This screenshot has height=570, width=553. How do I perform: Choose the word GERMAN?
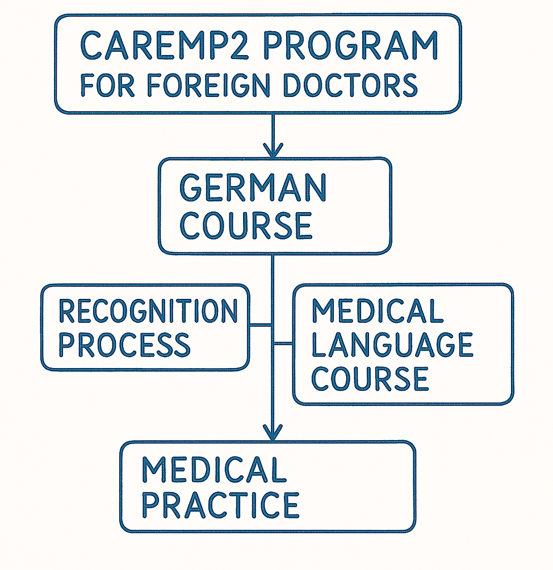coord(253,189)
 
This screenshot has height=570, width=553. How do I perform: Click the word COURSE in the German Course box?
coord(246,225)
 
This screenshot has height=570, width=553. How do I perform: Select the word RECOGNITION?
coord(148,311)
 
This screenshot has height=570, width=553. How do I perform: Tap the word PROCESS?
coord(124,344)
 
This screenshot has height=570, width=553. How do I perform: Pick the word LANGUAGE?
coord(392,344)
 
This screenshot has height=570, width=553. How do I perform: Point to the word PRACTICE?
coord(220,504)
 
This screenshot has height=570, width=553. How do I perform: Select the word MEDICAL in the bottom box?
coord(213,470)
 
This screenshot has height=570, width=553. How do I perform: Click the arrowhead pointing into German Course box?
coord(273,151)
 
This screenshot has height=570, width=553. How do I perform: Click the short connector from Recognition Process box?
coord(261,325)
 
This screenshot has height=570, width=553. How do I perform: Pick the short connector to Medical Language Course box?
coord(283,344)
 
